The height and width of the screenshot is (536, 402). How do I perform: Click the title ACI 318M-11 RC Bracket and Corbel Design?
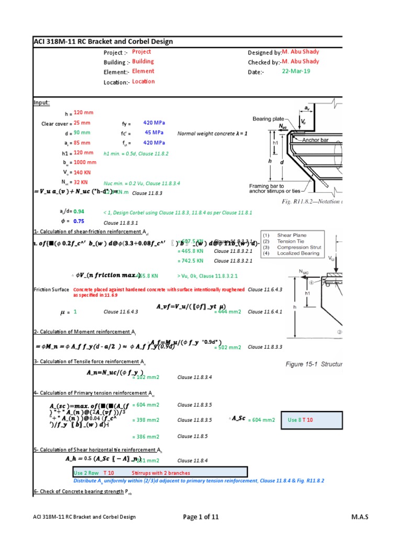pyautogui.click(x=104, y=42)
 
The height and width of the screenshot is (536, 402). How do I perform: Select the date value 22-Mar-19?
pyautogui.click(x=296, y=71)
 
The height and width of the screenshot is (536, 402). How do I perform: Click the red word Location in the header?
pyautogui.click(x=143, y=82)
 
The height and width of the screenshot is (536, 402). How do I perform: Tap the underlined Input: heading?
pyautogui.click(x=42, y=103)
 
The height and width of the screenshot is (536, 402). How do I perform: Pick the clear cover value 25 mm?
pyautogui.click(x=82, y=123)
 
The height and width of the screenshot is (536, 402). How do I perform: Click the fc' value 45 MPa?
pyautogui.click(x=155, y=132)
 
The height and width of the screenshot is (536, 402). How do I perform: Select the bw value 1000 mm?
pyautogui.click(x=85, y=162)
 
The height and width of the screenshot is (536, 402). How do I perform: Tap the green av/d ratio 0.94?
pyautogui.click(x=79, y=211)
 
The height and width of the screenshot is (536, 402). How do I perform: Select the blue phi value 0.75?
pyautogui.click(x=79, y=221)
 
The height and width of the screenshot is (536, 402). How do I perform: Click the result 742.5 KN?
pyautogui.click(x=190, y=260)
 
